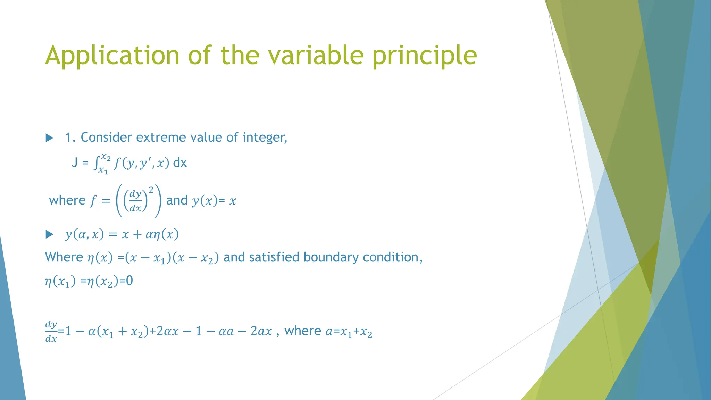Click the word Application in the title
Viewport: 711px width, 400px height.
(x=112, y=56)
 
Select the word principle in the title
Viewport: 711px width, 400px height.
(x=425, y=56)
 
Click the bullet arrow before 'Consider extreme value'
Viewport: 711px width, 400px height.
(x=50, y=138)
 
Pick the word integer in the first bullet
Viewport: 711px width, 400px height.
(x=265, y=137)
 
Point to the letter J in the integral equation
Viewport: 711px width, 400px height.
(x=74, y=162)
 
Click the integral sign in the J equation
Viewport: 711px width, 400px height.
(x=96, y=163)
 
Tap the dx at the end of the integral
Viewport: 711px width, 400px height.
(x=180, y=162)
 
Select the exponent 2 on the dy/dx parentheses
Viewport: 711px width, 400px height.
(x=151, y=190)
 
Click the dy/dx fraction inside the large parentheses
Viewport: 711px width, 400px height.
(x=135, y=201)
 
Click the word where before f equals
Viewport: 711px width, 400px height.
(x=67, y=200)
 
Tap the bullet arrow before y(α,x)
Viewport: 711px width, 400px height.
(x=50, y=235)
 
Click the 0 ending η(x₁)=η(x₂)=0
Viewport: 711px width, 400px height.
(x=129, y=281)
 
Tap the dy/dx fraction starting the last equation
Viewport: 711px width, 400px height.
(x=51, y=332)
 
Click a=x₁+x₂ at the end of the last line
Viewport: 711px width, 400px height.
(x=349, y=332)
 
